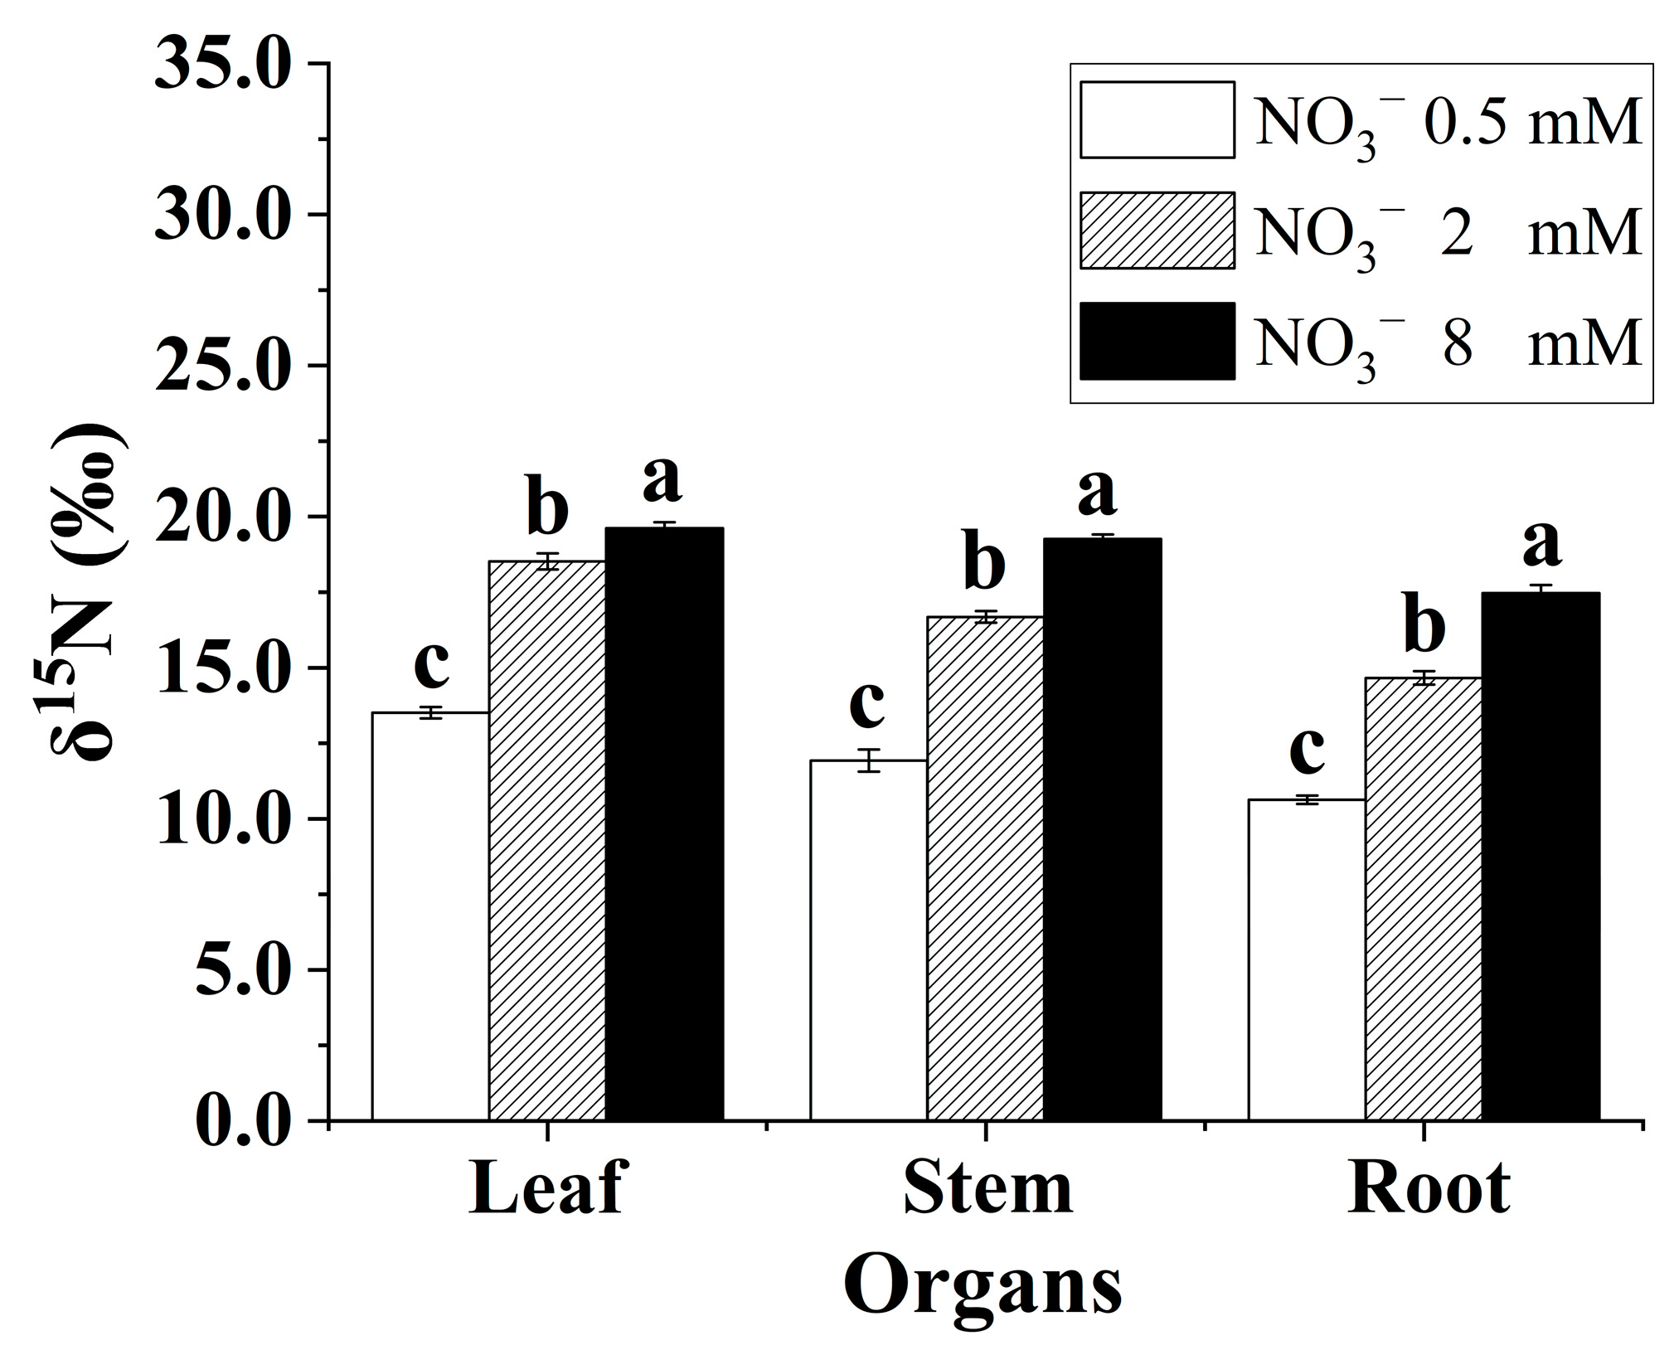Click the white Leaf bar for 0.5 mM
pos(430,916)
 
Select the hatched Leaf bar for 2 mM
pos(547,841)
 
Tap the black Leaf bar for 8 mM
pos(664,824)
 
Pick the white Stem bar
pos(868,940)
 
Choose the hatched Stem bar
pos(985,868)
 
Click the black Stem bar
pos(1102,829)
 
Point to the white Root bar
pos(1307,960)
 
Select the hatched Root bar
pos(1424,899)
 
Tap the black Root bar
pos(1541,857)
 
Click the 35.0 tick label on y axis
pos(224,65)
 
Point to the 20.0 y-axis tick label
pos(224,517)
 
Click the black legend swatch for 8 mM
pos(1157,341)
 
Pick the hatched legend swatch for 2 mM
pos(1157,231)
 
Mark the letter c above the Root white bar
pos(1307,749)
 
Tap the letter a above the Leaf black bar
pos(662,478)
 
